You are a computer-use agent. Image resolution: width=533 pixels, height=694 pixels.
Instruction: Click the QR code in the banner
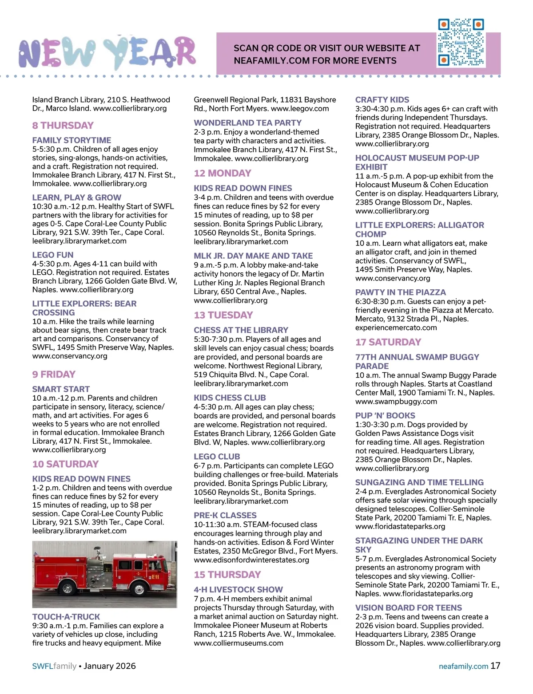tap(461, 43)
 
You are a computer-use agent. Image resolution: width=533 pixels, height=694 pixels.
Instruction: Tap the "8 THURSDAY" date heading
tap(63, 126)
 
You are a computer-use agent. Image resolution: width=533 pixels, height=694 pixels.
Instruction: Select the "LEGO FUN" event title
tap(53, 255)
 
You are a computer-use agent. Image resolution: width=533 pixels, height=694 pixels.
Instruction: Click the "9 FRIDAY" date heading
tap(54, 375)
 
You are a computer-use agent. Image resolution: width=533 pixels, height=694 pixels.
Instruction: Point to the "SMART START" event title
tap(61, 389)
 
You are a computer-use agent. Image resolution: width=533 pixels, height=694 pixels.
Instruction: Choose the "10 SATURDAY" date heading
tap(65, 464)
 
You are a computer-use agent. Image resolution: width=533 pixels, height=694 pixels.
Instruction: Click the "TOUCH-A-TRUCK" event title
tap(66, 617)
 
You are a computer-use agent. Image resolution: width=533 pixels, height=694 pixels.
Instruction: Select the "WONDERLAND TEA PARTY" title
tap(247, 123)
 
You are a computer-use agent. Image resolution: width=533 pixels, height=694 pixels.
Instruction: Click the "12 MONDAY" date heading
tap(223, 173)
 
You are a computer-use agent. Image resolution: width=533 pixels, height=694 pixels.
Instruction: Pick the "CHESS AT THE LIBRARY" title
tap(241, 330)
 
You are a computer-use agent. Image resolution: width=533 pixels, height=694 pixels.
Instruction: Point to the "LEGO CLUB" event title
tap(217, 457)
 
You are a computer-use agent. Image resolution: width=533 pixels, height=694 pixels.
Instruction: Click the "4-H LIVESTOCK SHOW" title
tap(238, 590)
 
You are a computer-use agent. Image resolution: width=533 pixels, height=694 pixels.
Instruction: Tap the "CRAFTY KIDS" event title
tap(382, 100)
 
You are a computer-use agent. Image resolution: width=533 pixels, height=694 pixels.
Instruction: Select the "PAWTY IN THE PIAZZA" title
tap(400, 292)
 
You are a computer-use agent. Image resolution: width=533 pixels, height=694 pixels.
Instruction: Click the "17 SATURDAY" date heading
tap(388, 342)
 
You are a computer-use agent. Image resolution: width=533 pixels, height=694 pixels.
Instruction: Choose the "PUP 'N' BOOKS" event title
tap(385, 416)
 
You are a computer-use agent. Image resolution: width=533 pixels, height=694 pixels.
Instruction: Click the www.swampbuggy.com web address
tap(396, 402)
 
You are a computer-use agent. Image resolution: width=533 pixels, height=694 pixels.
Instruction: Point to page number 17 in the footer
tap(495, 666)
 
